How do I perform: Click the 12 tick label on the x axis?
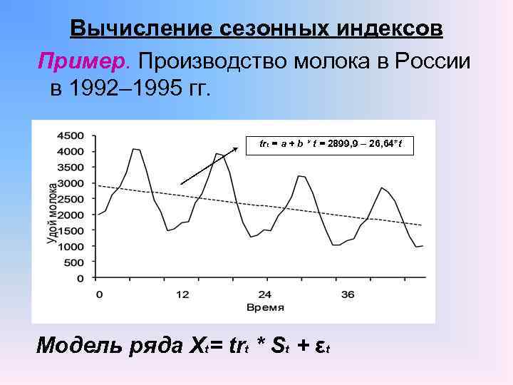point(182,294)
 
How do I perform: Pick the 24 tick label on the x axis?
point(264,294)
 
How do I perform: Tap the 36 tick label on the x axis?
point(347,294)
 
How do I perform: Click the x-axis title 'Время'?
point(264,307)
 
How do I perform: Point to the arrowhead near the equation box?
point(237,150)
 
